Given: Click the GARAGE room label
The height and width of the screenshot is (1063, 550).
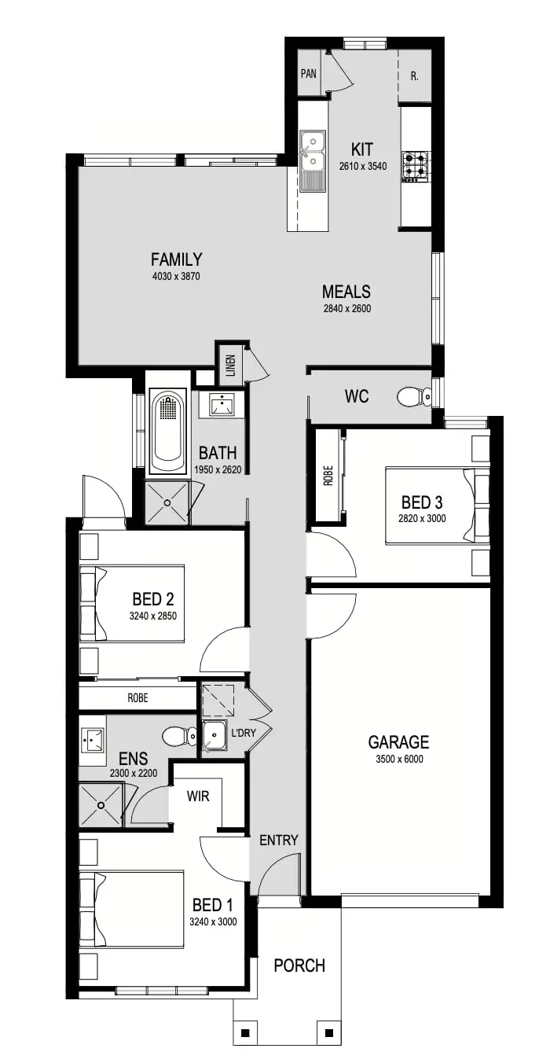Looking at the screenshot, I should [x=398, y=741].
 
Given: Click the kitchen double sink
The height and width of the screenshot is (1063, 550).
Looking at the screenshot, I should [x=312, y=151].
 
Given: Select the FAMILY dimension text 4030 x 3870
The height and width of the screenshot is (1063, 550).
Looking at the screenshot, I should [x=177, y=276].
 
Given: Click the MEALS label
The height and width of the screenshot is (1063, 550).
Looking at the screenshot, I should [x=346, y=292].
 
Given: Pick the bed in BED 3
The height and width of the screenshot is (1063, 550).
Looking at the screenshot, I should [x=437, y=506].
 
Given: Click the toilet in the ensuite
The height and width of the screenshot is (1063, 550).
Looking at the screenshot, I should [x=179, y=737].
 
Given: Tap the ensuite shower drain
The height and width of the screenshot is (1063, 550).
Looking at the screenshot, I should [x=101, y=804].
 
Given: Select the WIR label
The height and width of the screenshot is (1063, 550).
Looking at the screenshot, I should [x=198, y=796].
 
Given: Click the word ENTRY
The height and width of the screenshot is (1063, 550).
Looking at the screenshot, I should [x=279, y=840].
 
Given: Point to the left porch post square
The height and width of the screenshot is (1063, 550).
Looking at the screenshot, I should [x=246, y=1032].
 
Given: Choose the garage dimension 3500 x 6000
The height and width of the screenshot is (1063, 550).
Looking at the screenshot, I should [x=398, y=760].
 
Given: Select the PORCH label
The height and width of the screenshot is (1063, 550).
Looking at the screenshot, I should [x=299, y=966].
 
